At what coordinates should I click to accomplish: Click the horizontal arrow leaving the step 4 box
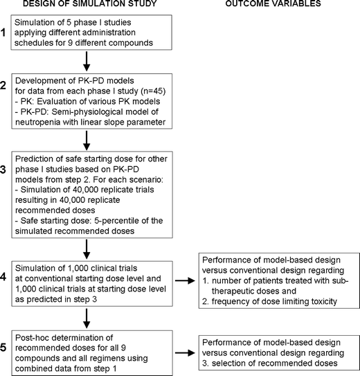point(181,281)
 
